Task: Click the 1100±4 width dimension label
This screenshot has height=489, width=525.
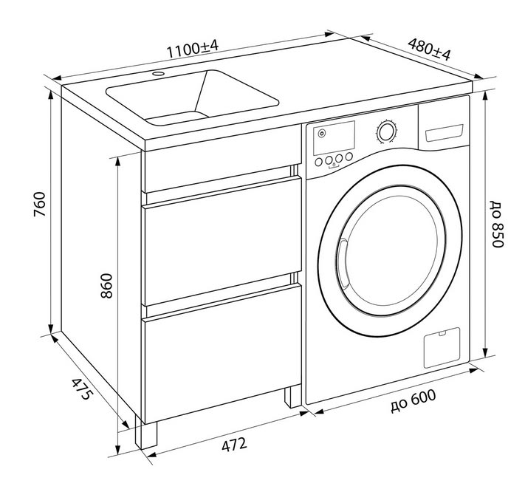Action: [193, 49]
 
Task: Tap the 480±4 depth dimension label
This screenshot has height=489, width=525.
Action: [429, 49]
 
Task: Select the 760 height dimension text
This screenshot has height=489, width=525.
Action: [40, 204]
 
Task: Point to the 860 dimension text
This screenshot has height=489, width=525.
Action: [107, 286]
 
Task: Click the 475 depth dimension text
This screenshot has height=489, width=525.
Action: [81, 389]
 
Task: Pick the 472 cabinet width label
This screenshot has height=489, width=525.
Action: [234, 445]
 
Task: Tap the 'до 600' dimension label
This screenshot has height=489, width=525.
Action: [414, 400]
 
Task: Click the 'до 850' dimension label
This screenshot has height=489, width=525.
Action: [497, 224]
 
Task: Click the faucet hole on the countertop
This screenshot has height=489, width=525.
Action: [158, 73]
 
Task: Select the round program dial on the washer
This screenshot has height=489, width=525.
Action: [386, 131]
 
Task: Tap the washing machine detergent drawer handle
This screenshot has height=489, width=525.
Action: [443, 133]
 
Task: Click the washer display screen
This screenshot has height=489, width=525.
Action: [334, 137]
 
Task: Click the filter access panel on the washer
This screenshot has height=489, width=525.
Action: [442, 347]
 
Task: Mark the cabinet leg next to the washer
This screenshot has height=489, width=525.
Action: [292, 396]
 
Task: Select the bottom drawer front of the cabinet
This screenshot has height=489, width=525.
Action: [222, 352]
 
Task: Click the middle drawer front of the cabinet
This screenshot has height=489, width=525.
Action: [222, 241]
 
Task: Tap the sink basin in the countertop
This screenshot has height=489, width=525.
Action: [193, 98]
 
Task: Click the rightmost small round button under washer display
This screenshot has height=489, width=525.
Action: [349, 156]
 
